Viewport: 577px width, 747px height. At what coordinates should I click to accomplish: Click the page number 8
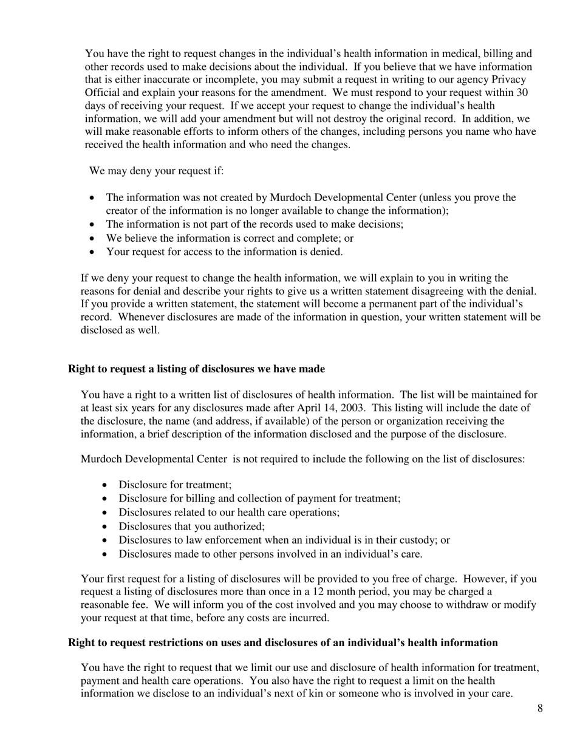tap(540, 708)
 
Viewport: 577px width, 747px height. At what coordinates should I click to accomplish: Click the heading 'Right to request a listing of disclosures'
tap(196, 369)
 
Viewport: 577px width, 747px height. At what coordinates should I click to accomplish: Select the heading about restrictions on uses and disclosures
tap(282, 643)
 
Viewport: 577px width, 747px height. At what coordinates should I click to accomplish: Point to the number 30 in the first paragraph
tap(521, 93)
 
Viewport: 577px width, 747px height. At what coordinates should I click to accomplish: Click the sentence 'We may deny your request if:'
tap(157, 170)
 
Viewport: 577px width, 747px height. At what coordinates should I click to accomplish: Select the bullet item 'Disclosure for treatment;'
tap(175, 485)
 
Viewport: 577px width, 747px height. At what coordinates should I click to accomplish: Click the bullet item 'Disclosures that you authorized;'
tap(191, 526)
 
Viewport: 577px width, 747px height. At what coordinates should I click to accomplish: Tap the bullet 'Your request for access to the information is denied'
tap(224, 251)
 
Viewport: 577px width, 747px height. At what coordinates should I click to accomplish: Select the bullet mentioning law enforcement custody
tap(284, 540)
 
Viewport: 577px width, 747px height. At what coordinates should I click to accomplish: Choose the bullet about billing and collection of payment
tap(259, 498)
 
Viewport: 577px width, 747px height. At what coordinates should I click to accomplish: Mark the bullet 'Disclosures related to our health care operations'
tap(229, 512)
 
